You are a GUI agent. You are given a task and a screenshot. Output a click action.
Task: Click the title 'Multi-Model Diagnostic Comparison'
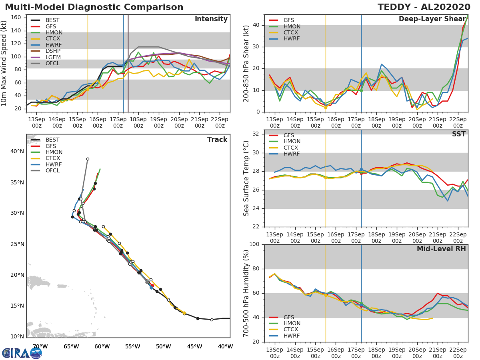94,7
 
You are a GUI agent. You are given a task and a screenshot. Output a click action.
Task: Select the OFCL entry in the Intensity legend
52,64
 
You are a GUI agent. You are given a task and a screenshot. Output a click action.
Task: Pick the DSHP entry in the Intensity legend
52,51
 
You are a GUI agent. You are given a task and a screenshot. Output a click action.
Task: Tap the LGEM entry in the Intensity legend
52,57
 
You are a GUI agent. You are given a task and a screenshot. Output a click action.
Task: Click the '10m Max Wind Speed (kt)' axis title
4,64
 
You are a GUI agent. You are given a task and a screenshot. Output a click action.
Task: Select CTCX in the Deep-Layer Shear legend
292,32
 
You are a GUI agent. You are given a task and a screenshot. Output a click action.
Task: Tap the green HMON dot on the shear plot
361,90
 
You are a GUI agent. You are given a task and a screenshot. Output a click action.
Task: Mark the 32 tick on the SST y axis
256,134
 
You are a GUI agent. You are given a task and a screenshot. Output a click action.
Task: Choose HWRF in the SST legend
292,154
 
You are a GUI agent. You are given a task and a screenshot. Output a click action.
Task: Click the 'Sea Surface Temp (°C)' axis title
246,179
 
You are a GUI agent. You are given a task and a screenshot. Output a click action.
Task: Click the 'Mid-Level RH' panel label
441,249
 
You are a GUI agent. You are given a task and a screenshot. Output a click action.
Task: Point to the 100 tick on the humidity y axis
254,244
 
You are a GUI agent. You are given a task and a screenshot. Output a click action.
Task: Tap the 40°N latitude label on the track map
17,151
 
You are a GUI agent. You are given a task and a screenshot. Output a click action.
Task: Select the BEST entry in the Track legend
52,140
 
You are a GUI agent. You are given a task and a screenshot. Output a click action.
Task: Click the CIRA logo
22,353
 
